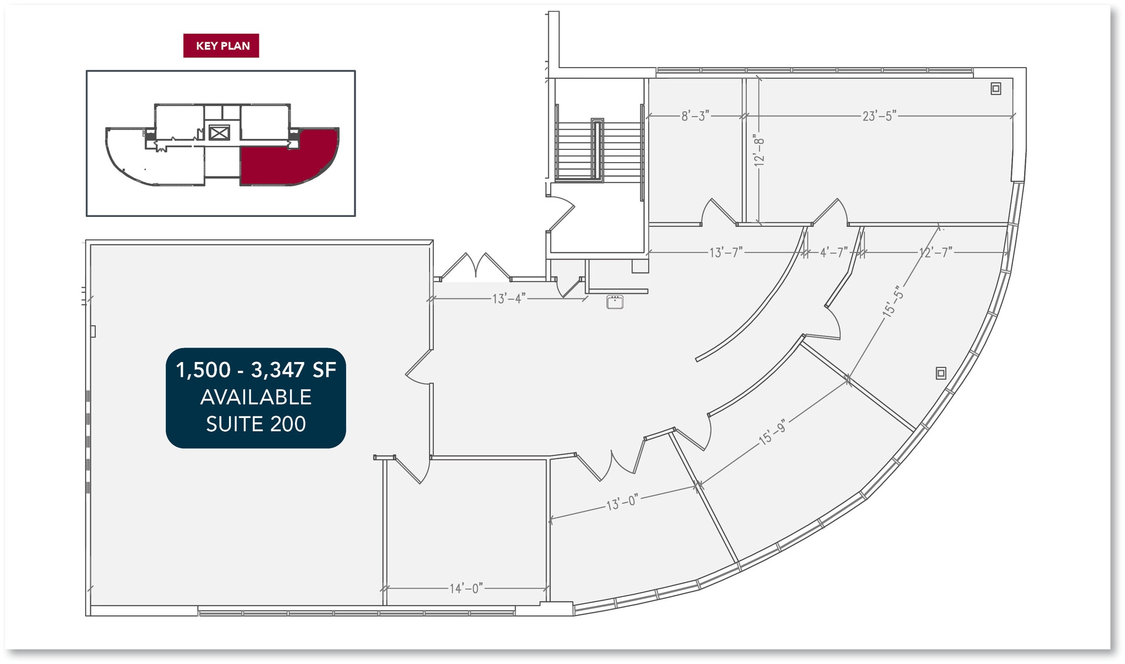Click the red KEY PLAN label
[221, 46]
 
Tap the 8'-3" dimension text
[695, 116]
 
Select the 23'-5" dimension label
[879, 116]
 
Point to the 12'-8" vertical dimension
[759, 150]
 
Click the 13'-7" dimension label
[726, 252]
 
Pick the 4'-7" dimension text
[834, 252]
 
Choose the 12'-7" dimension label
[935, 252]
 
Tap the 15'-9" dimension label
[773, 432]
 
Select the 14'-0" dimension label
[466, 588]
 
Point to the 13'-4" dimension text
[509, 298]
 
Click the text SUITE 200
[256, 424]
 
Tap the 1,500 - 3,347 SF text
[256, 370]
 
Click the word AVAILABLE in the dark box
[256, 397]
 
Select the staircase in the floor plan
[599, 149]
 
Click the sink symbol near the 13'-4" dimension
[615, 302]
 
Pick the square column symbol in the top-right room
[996, 88]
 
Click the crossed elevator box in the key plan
[219, 132]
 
